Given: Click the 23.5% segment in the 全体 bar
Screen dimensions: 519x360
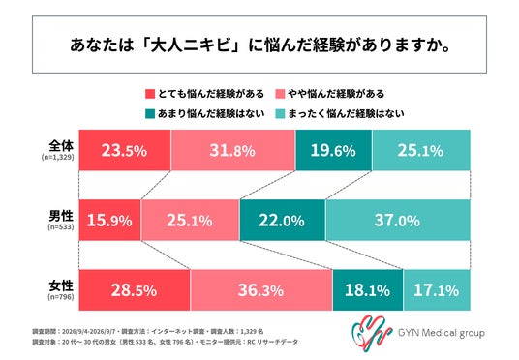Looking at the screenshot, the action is pos(125,150).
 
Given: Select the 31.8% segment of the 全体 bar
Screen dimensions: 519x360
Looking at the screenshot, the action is pos(233,150).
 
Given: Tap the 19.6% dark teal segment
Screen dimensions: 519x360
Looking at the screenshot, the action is pos(334,150).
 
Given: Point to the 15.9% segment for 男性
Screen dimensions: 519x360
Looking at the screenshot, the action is pos(109,220).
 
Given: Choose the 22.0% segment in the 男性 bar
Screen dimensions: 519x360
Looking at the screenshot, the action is pos(283,220).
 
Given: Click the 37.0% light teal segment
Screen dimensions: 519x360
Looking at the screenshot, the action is pos(398,220).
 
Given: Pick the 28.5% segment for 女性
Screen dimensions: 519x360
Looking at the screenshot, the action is pos(135,290).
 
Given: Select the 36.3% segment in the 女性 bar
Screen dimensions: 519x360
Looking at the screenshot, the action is pos(261,290).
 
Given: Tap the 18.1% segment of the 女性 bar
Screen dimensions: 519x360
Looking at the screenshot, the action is pos(368,290).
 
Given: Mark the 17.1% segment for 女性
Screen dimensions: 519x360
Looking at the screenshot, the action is pos(437,290).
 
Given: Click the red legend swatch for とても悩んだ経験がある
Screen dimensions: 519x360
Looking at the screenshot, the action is pos(150,94).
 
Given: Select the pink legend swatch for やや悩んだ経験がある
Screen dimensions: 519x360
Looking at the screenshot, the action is pos(280,94).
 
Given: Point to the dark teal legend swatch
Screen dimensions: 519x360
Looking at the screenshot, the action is pos(150,114).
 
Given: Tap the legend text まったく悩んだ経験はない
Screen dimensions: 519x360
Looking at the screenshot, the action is pos(346,114).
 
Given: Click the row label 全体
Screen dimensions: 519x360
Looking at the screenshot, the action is pos(61,145).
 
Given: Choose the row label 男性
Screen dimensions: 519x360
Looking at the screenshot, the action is pos(61,216).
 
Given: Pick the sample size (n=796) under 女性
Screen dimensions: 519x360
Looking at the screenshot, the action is pos(61,297).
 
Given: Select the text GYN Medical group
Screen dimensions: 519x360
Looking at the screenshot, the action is pos(442,333).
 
